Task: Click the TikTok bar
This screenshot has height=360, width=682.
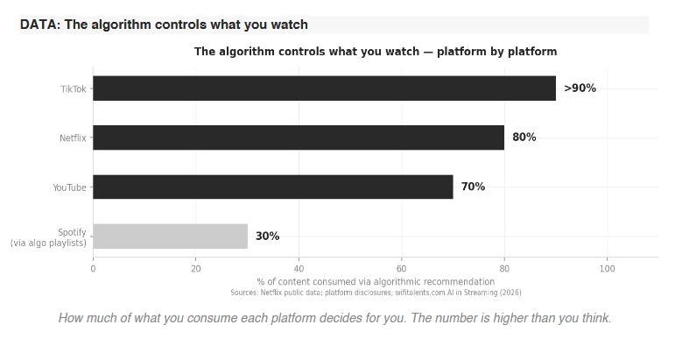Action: click(x=324, y=88)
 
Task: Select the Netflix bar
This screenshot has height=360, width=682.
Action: click(x=299, y=138)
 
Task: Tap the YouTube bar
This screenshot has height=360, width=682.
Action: click(x=272, y=187)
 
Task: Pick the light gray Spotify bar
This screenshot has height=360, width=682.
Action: click(x=170, y=236)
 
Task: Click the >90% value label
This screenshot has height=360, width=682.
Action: click(x=580, y=88)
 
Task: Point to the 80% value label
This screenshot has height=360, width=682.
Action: click(x=524, y=138)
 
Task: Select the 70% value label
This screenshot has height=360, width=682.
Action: click(x=473, y=187)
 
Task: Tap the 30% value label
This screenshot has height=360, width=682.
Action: click(x=267, y=236)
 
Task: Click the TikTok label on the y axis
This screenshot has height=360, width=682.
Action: click(x=74, y=89)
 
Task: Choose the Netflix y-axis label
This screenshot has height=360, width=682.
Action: click(x=73, y=138)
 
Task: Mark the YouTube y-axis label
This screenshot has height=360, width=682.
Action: click(x=69, y=187)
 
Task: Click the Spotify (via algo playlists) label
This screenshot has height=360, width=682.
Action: click(x=48, y=237)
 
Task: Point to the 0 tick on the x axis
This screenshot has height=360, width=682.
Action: click(x=93, y=269)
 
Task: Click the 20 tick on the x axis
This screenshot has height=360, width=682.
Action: click(x=196, y=269)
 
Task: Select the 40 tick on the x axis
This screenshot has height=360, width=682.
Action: click(x=299, y=269)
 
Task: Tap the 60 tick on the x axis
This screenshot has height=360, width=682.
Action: click(x=402, y=269)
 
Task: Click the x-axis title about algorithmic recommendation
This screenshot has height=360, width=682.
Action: click(x=376, y=281)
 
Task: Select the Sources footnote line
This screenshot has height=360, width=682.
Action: click(x=376, y=292)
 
